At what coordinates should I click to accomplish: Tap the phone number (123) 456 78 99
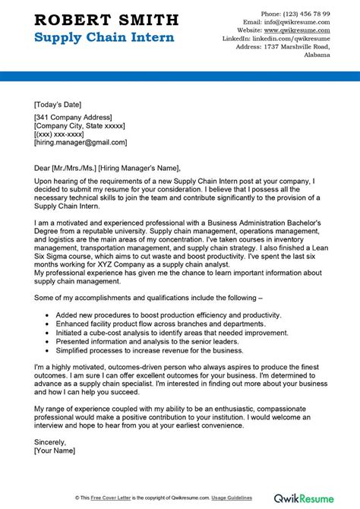tap(301, 14)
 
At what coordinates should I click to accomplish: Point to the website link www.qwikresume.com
tap(299, 33)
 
